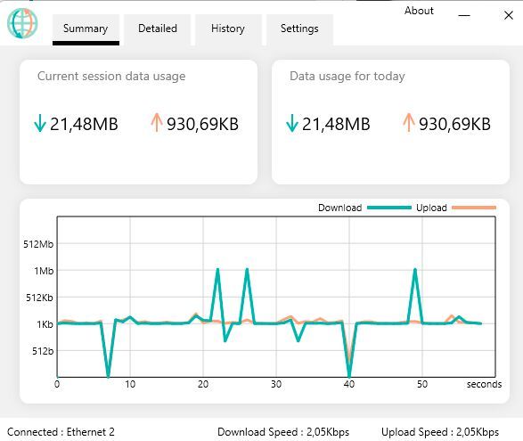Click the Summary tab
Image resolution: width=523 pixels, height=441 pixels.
[x=86, y=29]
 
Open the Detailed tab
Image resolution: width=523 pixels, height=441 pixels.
[x=157, y=29]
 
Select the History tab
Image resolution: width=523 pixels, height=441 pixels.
[x=228, y=29]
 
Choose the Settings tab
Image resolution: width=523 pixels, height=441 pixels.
[x=299, y=29]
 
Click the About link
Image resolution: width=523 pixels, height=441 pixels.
[x=419, y=11]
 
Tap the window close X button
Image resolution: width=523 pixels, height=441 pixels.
[x=509, y=15]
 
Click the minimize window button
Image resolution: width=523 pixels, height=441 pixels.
[x=464, y=15]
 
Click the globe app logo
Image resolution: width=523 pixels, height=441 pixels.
[x=22, y=24]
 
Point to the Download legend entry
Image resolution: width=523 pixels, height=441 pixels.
[x=339, y=208]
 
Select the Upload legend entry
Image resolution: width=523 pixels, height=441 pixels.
[x=431, y=208]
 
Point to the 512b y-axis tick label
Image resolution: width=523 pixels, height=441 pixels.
[x=44, y=351]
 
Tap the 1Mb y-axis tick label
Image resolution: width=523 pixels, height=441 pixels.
[x=45, y=271]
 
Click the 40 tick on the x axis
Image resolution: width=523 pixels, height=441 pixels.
[x=349, y=385]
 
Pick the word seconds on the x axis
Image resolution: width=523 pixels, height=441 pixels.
[x=484, y=385]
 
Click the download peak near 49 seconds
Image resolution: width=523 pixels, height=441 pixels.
[x=415, y=270]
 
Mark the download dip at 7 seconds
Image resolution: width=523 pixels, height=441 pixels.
[x=108, y=375]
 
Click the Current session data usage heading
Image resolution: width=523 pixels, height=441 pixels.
[x=111, y=77]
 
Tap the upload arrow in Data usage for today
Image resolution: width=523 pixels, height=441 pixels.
[x=409, y=123]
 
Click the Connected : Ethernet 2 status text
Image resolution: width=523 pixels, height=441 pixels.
[x=61, y=432]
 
